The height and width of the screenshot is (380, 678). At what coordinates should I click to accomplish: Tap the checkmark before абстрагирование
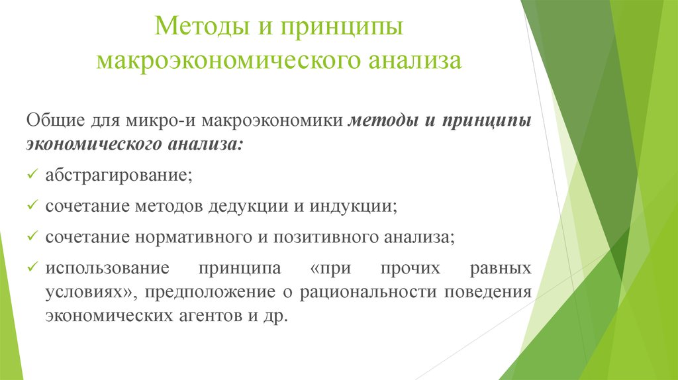[x=33, y=175]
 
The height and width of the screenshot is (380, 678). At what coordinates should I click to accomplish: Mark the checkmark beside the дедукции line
[x=33, y=206]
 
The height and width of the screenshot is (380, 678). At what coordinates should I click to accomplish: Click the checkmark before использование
[x=33, y=267]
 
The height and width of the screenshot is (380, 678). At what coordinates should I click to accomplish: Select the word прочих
[x=405, y=268]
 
